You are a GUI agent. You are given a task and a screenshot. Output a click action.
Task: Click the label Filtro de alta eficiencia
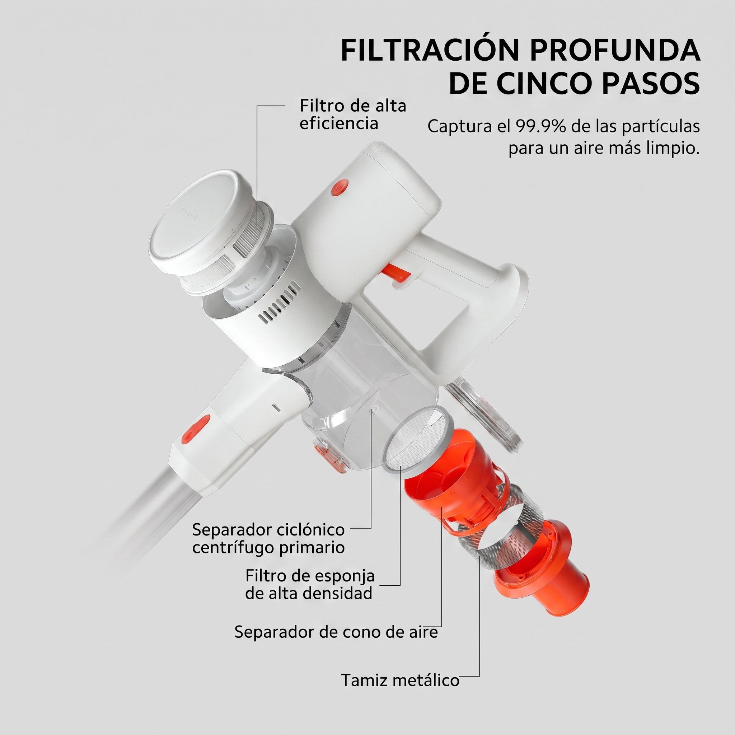tap(353, 114)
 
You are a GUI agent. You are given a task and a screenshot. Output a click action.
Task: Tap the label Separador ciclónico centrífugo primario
tap(268, 538)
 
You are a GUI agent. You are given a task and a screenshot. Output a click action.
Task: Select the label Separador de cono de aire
tap(336, 632)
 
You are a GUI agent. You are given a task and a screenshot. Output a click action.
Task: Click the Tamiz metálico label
tap(400, 680)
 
